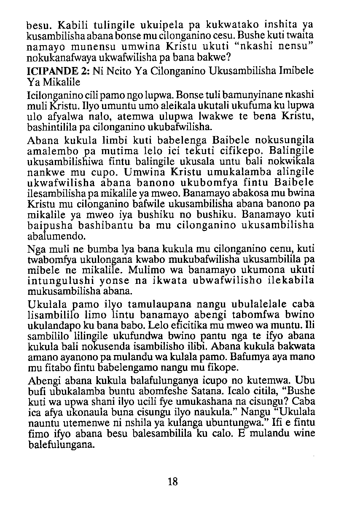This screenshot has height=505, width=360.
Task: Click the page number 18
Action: (x=172, y=482)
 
